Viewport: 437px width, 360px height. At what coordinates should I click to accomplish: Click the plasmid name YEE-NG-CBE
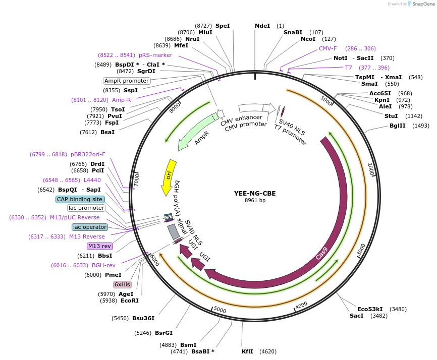pos(255,193)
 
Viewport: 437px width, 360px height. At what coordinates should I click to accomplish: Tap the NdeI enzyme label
pos(262,25)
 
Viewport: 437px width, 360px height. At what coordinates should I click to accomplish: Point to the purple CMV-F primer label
pos(327,48)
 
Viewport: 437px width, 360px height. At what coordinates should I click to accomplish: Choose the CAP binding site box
pos(80,199)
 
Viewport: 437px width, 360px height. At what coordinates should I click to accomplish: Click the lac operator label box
pos(89,227)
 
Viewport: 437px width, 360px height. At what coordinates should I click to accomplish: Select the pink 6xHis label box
pos(122,284)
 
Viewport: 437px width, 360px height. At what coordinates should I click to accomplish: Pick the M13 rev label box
pos(99,246)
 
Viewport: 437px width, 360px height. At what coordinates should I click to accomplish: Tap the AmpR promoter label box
pos(127,81)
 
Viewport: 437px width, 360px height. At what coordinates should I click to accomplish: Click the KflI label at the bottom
pos(247,351)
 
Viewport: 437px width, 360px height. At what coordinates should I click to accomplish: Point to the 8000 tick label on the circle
pos(175,108)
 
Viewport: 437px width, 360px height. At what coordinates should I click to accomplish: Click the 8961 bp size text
pos(255,201)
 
